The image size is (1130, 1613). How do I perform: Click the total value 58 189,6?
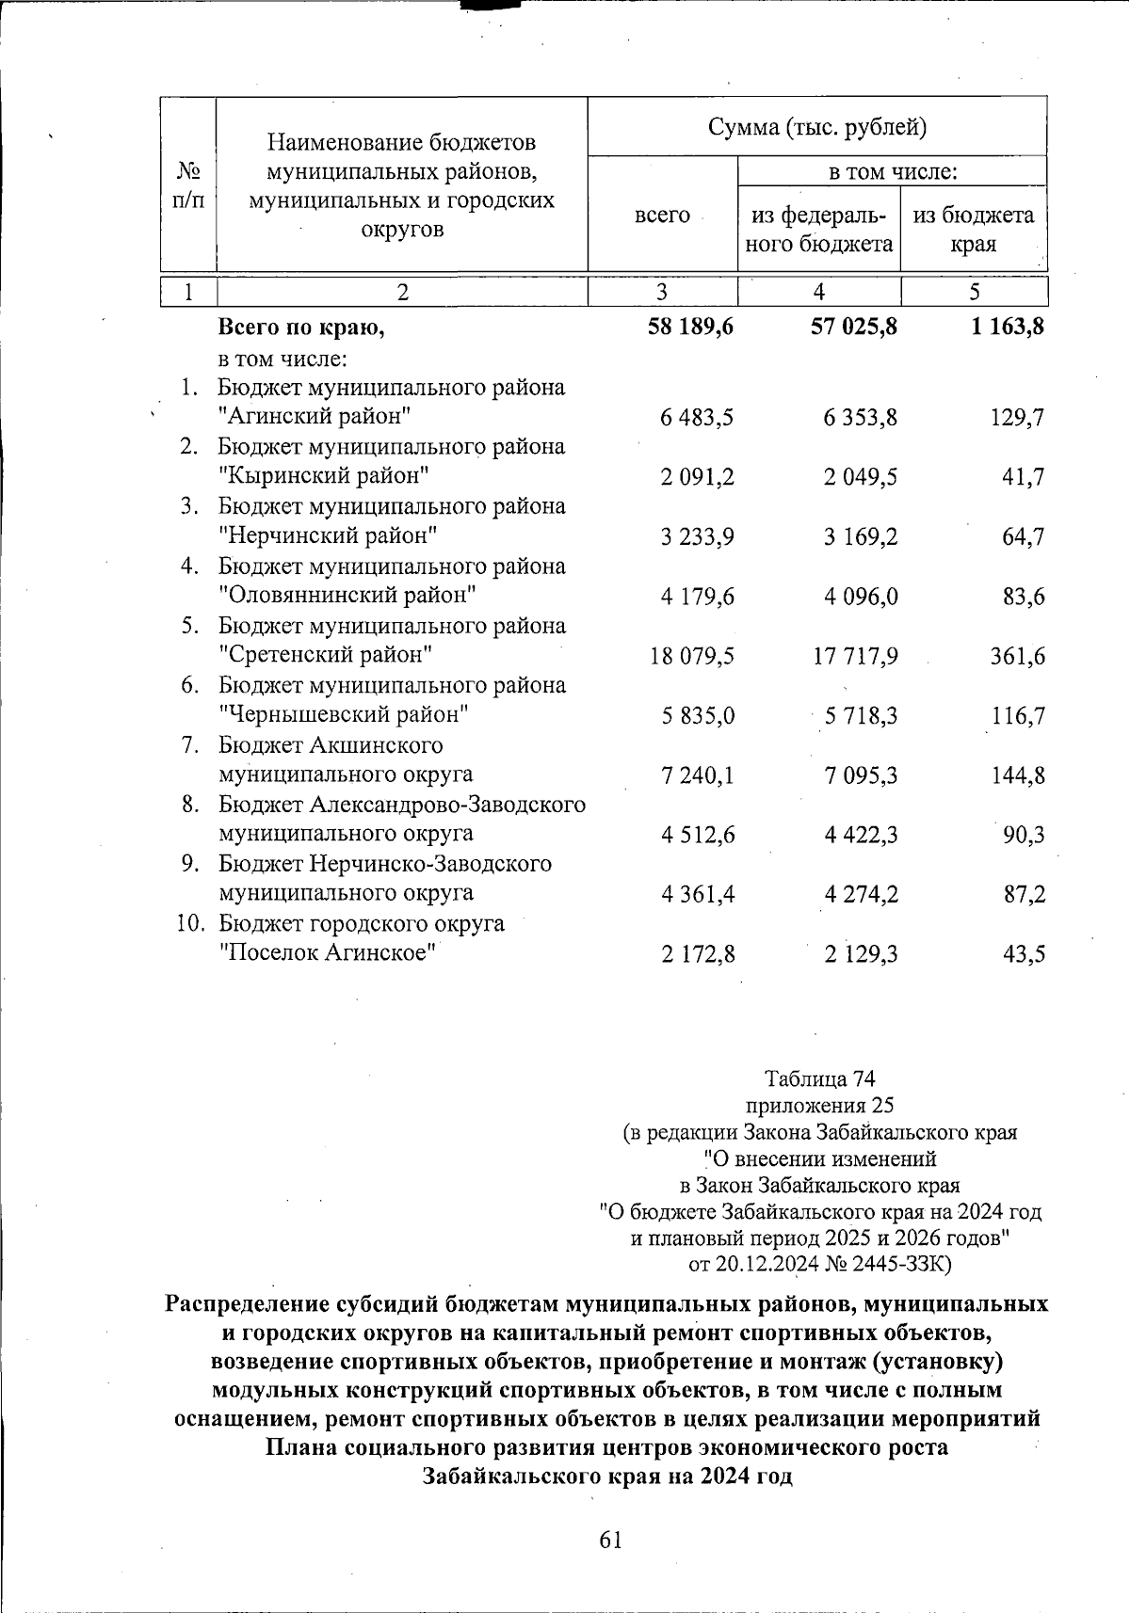690,327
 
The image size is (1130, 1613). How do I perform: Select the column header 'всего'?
662,216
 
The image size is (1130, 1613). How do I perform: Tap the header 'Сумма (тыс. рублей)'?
816,127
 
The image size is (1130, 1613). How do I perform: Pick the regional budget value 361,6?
1017,656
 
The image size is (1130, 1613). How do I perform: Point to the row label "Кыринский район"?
324,476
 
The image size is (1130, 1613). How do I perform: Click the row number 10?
190,924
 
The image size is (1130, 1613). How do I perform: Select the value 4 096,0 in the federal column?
861,597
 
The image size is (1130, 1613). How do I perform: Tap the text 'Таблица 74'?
820,1078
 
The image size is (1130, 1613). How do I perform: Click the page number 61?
610,1540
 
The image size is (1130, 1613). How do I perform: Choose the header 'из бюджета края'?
974,230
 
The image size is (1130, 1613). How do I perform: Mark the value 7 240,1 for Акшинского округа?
698,775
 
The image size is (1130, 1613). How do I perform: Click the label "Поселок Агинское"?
329,953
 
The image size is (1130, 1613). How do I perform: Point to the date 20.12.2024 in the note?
767,1263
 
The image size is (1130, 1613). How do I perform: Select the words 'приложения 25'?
819,1105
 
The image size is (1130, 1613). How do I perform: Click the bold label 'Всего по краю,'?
301,327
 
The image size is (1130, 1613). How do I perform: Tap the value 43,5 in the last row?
1024,954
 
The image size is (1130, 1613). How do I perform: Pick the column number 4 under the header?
818,293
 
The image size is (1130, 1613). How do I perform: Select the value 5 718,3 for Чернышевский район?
861,716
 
